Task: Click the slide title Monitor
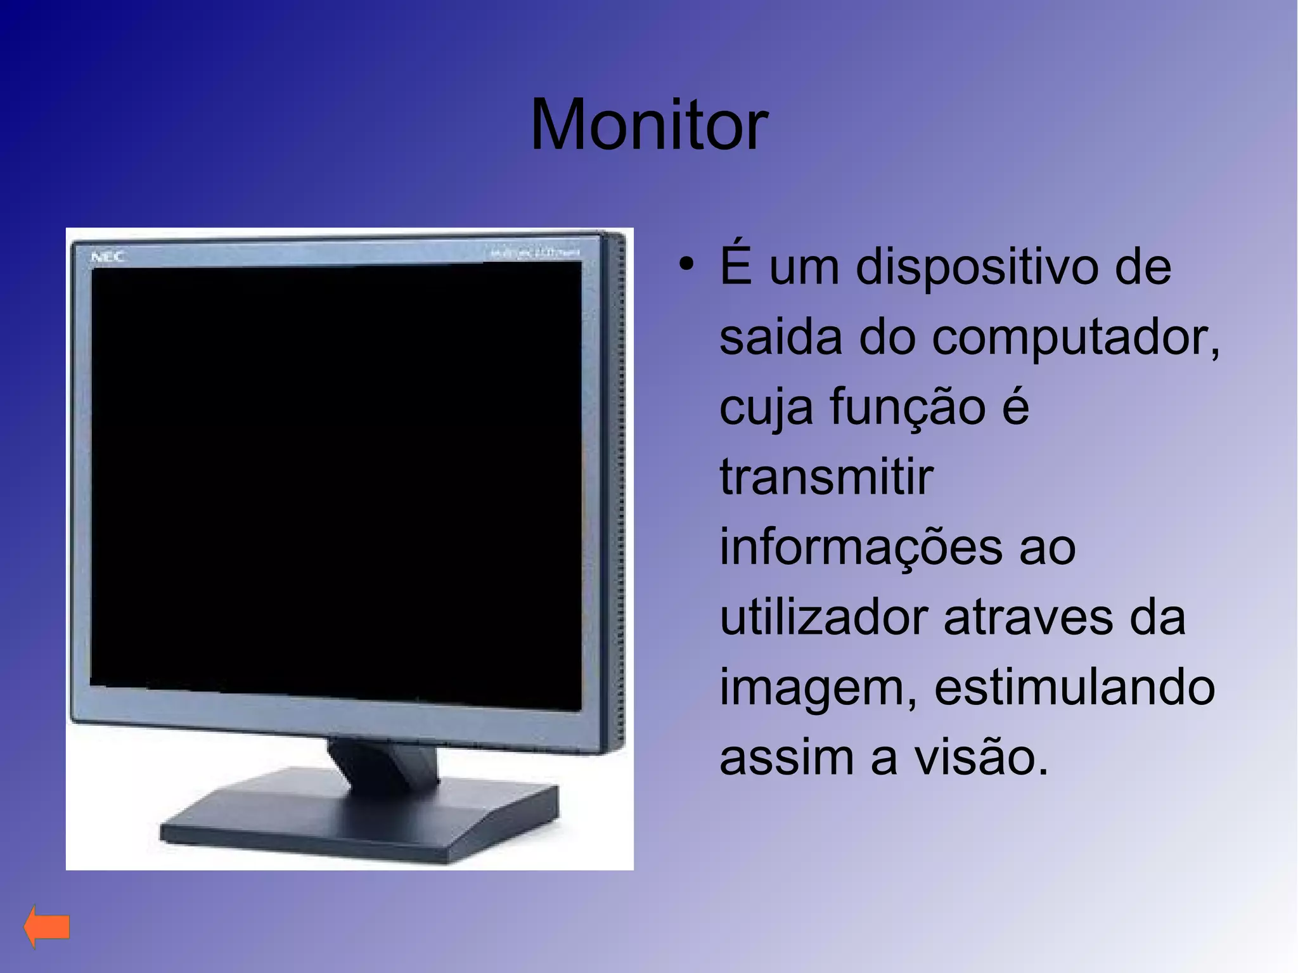649,125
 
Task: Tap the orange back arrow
47,927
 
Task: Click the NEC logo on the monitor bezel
108,257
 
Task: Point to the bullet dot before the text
685,264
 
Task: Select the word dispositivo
977,267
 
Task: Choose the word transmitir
826,477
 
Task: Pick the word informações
861,547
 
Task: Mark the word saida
781,337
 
